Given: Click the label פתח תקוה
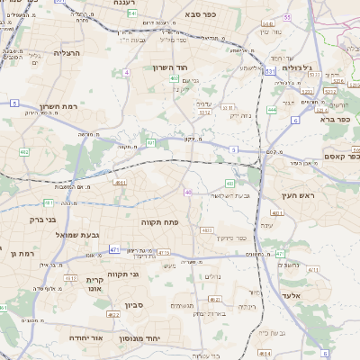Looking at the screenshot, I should click(163, 220).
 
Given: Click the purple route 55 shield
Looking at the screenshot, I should click(288, 17).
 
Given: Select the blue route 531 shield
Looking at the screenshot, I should click(271, 69).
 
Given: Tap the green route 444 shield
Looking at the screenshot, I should click(272, 110).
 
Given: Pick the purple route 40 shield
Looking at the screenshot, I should click(188, 192).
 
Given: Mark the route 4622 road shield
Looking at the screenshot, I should click(113, 315).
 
